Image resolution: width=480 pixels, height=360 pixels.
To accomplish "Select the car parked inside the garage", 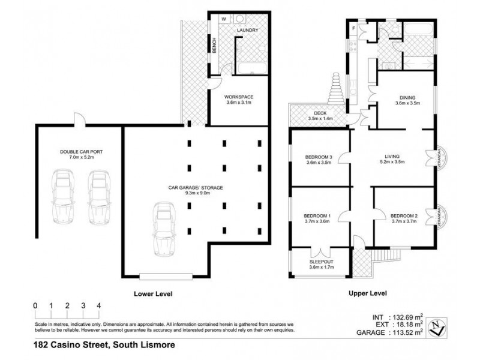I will (163, 230).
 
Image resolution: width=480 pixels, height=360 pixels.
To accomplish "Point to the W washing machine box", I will (224, 19).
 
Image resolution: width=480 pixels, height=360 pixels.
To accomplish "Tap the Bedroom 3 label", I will (319, 158).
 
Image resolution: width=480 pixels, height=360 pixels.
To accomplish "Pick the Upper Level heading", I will (369, 293).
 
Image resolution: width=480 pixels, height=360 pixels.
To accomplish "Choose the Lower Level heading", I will (152, 294).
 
